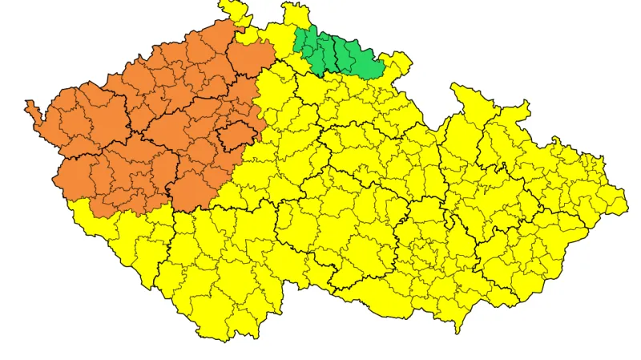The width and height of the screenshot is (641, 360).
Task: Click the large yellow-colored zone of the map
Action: pyautogui.click(x=361, y=208)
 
